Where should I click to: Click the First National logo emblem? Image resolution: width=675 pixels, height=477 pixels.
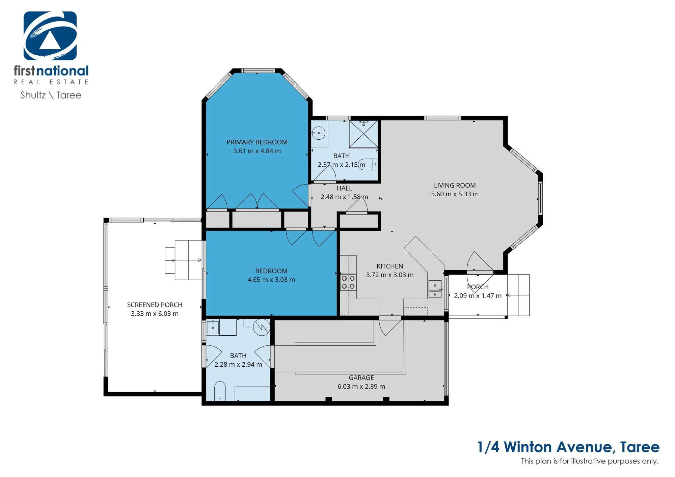click(x=50, y=36)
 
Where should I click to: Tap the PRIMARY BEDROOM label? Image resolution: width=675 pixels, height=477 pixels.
click(x=257, y=142)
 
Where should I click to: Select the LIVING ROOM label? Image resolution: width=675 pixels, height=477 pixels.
click(x=455, y=185)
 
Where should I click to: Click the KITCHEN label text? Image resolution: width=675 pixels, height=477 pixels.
click(x=390, y=266)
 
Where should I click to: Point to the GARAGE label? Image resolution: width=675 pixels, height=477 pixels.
click(x=361, y=378)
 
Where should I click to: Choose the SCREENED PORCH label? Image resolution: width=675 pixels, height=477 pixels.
click(x=155, y=305)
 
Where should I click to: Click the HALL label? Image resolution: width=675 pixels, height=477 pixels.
click(x=344, y=188)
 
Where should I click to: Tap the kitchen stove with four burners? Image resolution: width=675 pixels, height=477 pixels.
click(x=348, y=282)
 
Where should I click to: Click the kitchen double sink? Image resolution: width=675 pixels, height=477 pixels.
click(x=435, y=289)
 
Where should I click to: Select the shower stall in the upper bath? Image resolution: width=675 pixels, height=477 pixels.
click(x=363, y=134)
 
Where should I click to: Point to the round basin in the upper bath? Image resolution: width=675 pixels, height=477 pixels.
click(x=318, y=133)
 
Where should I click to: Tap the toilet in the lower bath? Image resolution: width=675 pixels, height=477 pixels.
click(x=220, y=391)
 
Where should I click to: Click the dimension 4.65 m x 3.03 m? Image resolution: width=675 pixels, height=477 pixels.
click(x=271, y=280)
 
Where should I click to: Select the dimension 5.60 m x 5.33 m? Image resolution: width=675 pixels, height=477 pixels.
click(x=455, y=194)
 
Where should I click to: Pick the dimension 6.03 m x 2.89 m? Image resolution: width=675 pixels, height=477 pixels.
click(x=361, y=387)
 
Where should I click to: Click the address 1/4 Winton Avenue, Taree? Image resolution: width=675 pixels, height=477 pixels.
click(x=568, y=447)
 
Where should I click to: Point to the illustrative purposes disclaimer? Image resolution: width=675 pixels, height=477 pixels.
click(x=590, y=461)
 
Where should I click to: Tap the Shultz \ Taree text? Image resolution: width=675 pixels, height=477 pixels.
click(x=51, y=95)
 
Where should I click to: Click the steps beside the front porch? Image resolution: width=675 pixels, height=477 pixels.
click(x=518, y=295)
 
